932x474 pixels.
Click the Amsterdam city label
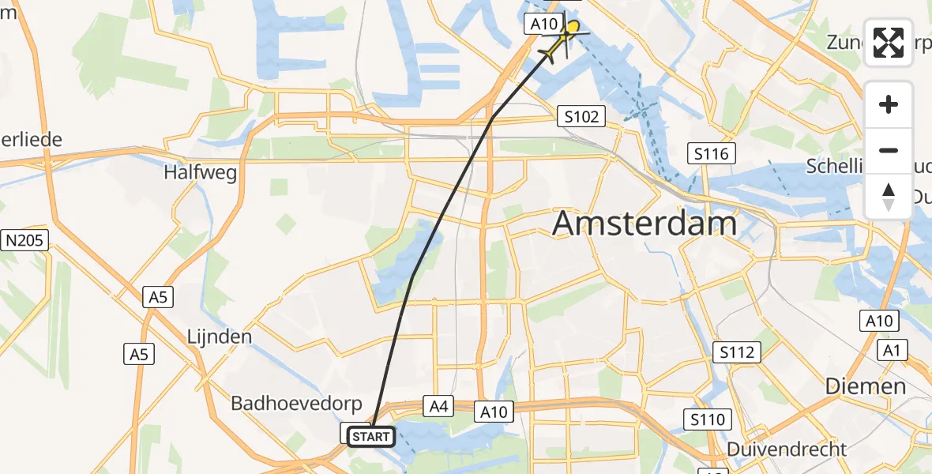(x=645, y=224)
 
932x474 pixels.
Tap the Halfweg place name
(x=201, y=172)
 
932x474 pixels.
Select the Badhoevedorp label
(x=296, y=404)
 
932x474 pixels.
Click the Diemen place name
(x=866, y=386)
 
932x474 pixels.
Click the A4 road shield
(x=439, y=406)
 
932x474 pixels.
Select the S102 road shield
(x=581, y=116)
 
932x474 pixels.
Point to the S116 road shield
(x=711, y=153)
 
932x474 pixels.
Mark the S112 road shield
(x=736, y=352)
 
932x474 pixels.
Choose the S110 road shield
(x=707, y=419)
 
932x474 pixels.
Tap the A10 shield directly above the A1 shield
(x=878, y=321)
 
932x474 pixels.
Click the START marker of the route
(x=370, y=436)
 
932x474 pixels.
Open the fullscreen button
(x=889, y=43)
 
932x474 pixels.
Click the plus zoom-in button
(x=889, y=105)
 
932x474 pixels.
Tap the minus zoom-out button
(x=889, y=150)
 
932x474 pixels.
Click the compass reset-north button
(x=889, y=196)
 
